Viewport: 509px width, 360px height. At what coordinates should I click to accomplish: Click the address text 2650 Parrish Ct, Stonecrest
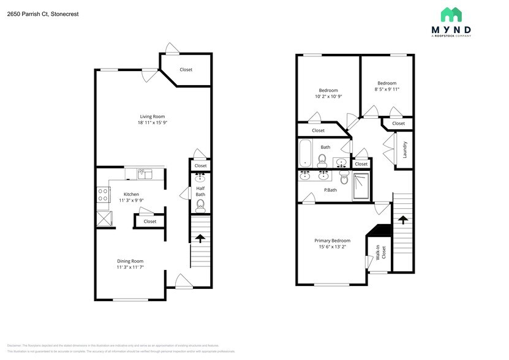(x=43, y=13)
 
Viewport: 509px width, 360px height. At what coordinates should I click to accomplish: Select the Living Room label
(x=153, y=116)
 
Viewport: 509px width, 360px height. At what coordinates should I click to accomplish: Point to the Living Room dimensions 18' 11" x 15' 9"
(x=153, y=122)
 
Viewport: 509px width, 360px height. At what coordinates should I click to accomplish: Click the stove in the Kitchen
(x=102, y=195)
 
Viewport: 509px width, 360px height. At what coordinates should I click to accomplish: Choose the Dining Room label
(x=130, y=261)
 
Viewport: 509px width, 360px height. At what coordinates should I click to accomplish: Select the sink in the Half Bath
(x=200, y=178)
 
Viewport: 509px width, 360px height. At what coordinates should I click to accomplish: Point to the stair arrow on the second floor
(x=402, y=220)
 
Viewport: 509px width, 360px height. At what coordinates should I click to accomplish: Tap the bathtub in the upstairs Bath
(x=305, y=154)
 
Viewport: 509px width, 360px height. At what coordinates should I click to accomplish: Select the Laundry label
(x=405, y=150)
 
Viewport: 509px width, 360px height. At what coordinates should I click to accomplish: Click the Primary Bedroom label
(x=333, y=241)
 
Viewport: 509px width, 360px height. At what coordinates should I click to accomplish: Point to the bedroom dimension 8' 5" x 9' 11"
(x=386, y=89)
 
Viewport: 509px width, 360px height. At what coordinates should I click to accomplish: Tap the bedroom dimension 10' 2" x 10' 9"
(x=328, y=96)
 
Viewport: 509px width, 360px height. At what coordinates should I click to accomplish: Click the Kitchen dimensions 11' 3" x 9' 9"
(x=132, y=200)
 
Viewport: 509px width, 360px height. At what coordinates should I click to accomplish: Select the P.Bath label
(x=330, y=190)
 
